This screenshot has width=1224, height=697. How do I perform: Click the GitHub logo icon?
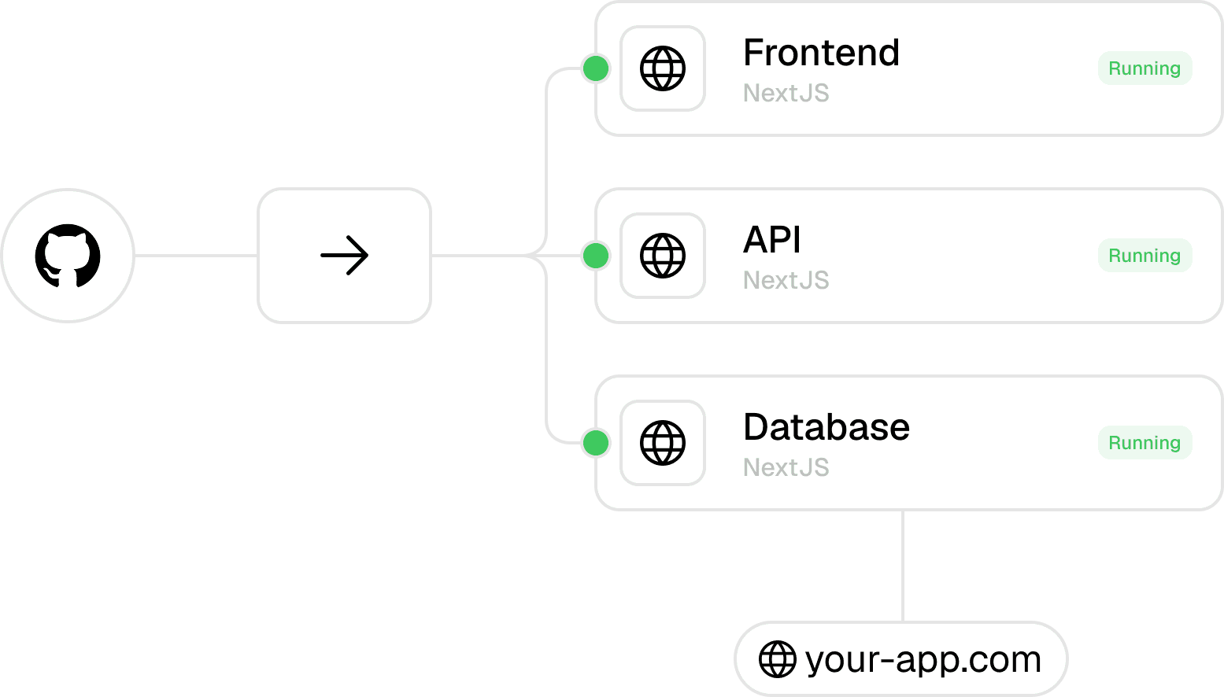[68, 256]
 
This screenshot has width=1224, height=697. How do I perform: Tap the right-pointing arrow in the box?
[344, 256]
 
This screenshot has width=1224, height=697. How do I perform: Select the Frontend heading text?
[821, 53]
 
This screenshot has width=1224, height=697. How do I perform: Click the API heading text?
[771, 240]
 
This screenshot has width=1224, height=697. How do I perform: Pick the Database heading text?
[826, 427]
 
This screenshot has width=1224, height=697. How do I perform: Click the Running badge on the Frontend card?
[1144, 68]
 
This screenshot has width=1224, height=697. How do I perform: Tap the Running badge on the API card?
[1144, 256]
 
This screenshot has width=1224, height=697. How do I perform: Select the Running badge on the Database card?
[1144, 442]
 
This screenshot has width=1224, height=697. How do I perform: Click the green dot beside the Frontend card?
[596, 68]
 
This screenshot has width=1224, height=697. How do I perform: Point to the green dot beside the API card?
[596, 256]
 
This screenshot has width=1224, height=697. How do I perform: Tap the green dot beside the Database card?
[596, 442]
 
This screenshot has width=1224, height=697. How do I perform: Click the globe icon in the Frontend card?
[662, 68]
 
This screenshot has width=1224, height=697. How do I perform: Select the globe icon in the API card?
[662, 256]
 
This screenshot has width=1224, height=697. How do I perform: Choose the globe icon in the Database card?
[662, 442]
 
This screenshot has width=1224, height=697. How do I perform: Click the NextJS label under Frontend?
[786, 93]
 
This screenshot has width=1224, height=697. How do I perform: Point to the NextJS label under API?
[786, 280]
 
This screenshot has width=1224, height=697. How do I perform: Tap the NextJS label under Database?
[786, 467]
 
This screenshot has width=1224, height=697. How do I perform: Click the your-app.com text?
[923, 660]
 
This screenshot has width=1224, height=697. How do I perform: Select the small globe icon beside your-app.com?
[777, 659]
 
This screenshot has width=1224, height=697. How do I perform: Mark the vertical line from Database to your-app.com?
[903, 566]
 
